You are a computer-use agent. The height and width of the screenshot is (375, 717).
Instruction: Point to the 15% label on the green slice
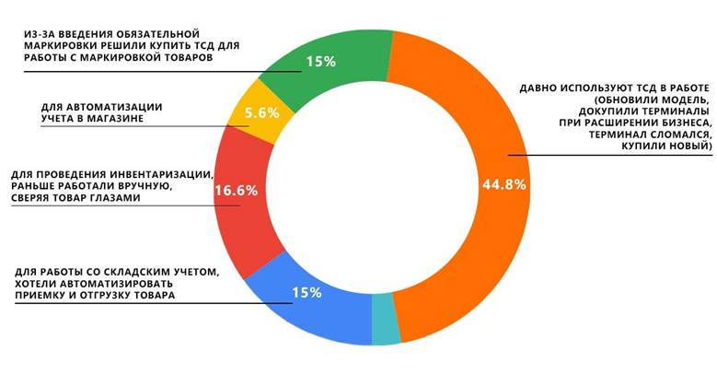click(x=320, y=62)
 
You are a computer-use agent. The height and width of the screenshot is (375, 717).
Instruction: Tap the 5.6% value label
click(x=261, y=113)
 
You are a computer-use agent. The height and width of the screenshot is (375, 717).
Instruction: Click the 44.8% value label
click(x=503, y=183)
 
